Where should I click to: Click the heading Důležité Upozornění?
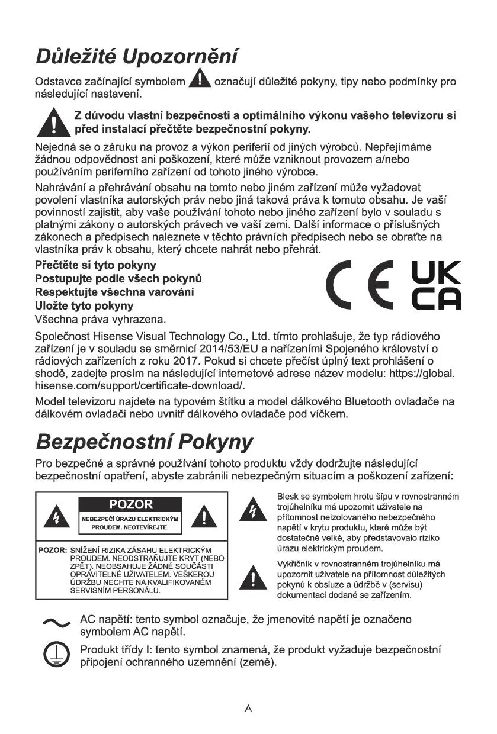click(137, 57)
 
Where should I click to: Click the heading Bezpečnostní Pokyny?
click(145, 442)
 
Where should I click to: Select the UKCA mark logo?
click(435, 285)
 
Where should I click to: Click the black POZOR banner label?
click(131, 504)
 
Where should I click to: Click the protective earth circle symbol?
click(56, 655)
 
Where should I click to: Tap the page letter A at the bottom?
click(248, 708)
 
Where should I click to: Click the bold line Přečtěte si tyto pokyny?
click(96, 265)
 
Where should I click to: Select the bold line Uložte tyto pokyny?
click(84, 305)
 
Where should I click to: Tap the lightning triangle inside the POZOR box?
click(57, 518)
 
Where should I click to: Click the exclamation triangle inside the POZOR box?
click(204, 518)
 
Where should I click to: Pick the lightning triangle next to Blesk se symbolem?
click(253, 511)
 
